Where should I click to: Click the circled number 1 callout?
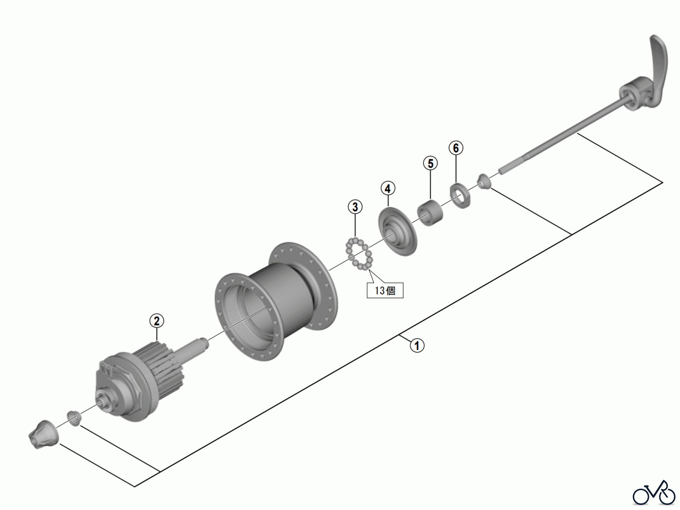click(x=417, y=346)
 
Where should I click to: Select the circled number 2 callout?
click(x=157, y=321)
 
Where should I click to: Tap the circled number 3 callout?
click(x=355, y=207)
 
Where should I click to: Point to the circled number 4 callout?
click(x=388, y=188)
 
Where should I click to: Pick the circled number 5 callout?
click(x=430, y=163)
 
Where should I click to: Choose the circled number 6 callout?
click(x=456, y=148)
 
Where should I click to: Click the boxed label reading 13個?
click(x=385, y=290)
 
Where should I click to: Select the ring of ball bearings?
click(x=358, y=253)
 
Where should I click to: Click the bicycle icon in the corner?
click(x=654, y=493)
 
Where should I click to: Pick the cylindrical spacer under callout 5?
click(x=430, y=214)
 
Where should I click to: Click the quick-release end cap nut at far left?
click(x=43, y=434)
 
